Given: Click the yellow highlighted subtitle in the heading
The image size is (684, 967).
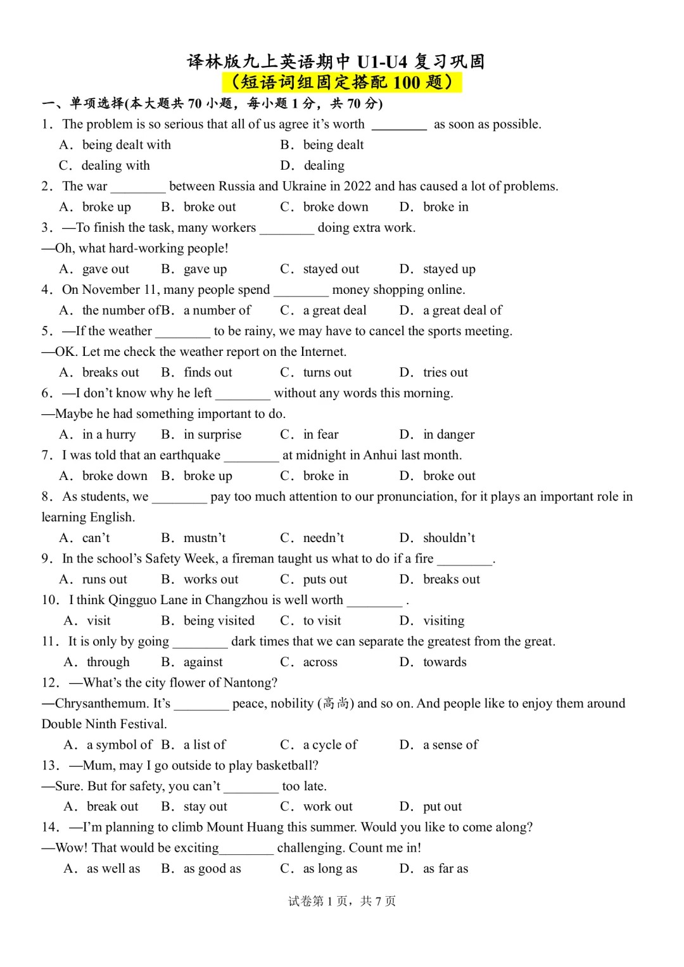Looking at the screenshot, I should (x=342, y=82).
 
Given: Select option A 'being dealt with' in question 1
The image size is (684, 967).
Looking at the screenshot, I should (x=126, y=145).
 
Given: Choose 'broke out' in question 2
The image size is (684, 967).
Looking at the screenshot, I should (x=209, y=207).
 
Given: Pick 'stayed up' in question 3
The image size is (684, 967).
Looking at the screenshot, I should (x=449, y=269).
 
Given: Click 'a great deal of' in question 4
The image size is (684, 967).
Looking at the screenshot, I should (x=462, y=310).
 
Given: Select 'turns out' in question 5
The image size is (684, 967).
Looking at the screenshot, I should (x=327, y=372).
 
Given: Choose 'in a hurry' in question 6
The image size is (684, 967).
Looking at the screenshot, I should (x=109, y=434).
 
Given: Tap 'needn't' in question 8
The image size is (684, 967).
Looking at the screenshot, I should (x=323, y=538).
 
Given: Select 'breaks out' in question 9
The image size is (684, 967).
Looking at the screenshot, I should (x=451, y=579).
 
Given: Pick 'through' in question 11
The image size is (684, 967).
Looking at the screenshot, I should (x=108, y=662).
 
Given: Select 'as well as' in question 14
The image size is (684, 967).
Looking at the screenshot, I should (x=113, y=869).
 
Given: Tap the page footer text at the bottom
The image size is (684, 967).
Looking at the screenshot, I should (x=342, y=901).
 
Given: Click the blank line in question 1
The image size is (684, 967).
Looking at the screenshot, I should (x=399, y=125).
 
